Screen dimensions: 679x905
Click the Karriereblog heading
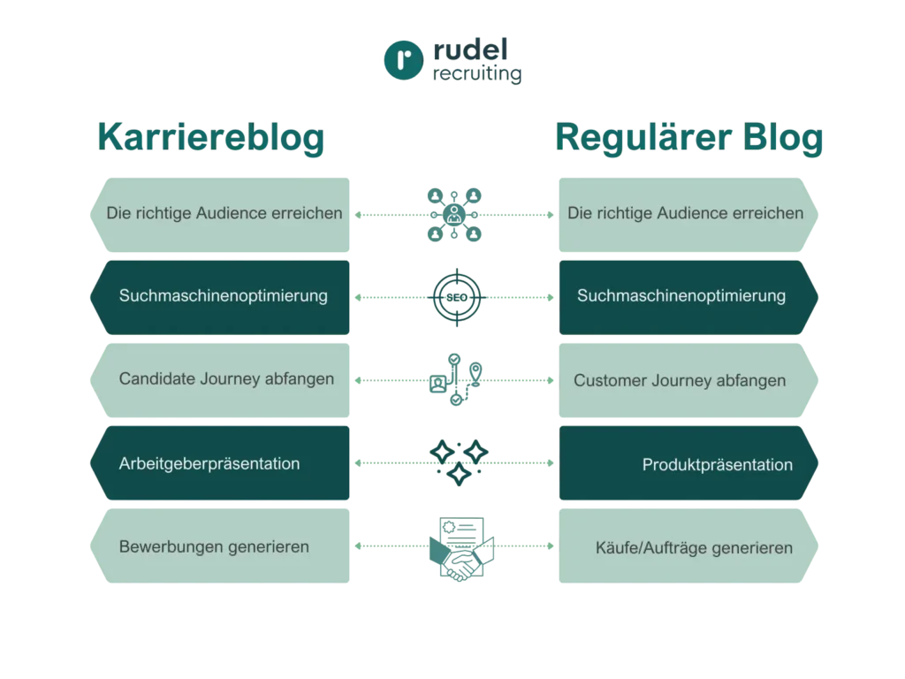tap(209, 140)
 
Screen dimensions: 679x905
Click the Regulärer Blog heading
tap(689, 140)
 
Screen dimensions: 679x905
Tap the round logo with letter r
tap(402, 60)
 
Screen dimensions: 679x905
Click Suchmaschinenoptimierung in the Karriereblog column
tap(223, 296)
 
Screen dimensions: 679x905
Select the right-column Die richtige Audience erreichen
tap(686, 213)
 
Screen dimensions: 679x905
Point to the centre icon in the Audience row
tap(455, 213)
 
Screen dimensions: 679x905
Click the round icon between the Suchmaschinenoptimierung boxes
tap(456, 297)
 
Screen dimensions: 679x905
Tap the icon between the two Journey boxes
tap(455, 380)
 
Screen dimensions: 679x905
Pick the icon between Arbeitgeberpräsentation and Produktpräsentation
tap(456, 462)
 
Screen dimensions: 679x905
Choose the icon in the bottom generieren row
tap(456, 546)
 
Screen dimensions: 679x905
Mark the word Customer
tap(605, 381)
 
